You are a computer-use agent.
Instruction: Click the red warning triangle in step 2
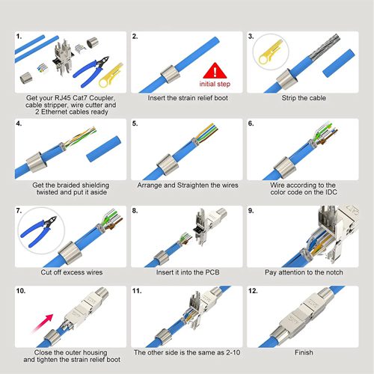coord(215,71)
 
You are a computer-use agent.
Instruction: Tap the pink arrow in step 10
coord(43,324)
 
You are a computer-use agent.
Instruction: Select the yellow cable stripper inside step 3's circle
coord(271,52)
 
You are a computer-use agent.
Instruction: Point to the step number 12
coord(253,291)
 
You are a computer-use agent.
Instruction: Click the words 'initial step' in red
coord(215,84)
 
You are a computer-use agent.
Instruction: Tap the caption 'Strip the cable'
coord(304,98)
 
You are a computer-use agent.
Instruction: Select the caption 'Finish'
coord(304,352)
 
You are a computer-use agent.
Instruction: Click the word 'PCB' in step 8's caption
coord(212,272)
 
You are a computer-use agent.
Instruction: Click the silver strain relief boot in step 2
coord(171,74)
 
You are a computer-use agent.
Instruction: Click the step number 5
coord(135,123)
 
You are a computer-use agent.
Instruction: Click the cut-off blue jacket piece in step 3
coord(339,63)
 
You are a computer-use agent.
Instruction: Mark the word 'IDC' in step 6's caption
coord(331,192)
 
